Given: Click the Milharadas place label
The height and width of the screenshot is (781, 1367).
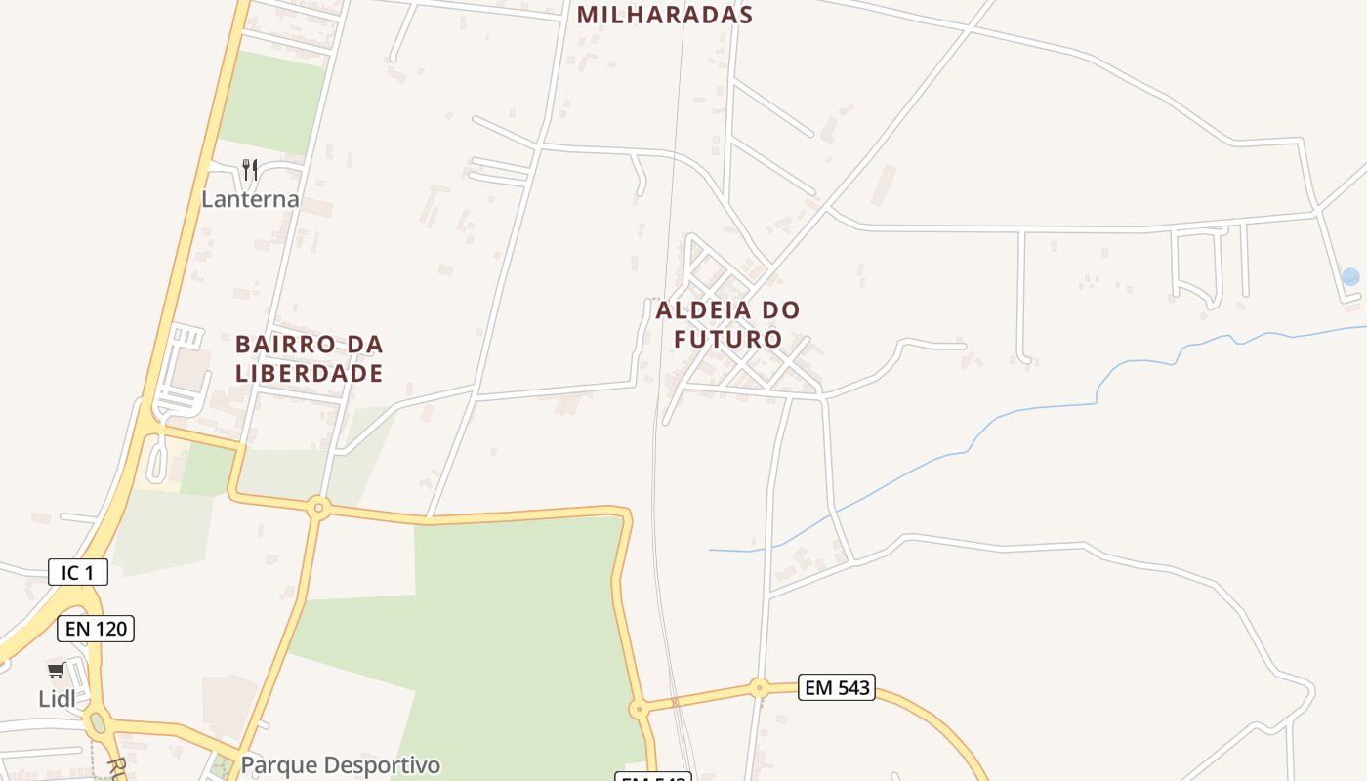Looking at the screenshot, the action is (665, 15).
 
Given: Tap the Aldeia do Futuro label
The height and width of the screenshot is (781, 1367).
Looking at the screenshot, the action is (728, 324).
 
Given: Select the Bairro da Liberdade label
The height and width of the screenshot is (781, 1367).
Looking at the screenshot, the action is (309, 358).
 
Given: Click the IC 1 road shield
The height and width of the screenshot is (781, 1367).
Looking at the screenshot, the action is (78, 572).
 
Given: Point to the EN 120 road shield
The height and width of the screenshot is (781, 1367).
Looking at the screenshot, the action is (96, 629).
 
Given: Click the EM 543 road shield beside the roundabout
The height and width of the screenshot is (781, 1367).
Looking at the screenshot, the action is (836, 687).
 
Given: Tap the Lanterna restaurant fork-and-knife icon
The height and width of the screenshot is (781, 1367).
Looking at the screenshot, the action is (250, 170).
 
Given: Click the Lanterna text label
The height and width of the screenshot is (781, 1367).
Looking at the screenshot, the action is (250, 199).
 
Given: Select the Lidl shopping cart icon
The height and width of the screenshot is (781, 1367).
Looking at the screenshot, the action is (57, 671).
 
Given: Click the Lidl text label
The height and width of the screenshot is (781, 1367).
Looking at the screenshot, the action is (57, 699).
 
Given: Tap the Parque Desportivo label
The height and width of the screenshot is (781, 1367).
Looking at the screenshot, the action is (340, 765).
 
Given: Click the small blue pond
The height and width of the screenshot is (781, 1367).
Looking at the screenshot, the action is (1349, 277).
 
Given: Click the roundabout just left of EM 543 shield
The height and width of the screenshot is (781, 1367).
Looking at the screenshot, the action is (759, 688).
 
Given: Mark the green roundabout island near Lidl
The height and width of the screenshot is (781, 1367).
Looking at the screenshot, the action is (96, 723).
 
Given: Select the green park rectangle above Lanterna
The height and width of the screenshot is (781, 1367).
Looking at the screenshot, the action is (270, 103).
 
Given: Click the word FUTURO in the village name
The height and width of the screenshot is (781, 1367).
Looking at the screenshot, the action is (728, 339).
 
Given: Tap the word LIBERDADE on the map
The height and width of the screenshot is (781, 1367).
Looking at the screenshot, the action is (309, 373).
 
